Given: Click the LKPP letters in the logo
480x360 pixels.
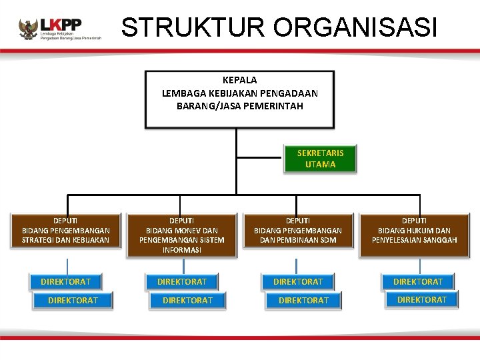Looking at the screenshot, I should pos(61,25).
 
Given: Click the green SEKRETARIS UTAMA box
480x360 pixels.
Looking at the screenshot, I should pos(320,159).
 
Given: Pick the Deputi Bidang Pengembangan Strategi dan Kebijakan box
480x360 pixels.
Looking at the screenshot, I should pos(65,231).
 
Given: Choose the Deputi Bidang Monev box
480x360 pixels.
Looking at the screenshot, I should pos(182,235).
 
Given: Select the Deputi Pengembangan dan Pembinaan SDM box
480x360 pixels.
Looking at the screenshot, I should pos(298,231).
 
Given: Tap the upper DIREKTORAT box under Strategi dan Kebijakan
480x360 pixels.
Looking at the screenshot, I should pos(65,281).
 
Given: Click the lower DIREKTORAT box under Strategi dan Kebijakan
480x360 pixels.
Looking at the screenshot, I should pos(73,301).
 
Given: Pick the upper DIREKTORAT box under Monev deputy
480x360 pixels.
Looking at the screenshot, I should pos(182,281).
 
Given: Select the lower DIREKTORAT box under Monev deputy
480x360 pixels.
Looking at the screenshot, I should pos(188,301).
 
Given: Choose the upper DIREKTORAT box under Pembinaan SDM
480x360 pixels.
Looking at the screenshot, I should pos(298,281).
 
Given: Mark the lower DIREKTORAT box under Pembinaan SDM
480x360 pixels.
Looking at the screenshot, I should pos(303,301).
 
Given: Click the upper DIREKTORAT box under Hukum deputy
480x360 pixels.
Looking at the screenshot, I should pos(418,281).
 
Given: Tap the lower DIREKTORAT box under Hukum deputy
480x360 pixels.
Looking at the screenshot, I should pos(422,300).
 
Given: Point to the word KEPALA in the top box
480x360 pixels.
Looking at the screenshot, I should pos(239,80).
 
